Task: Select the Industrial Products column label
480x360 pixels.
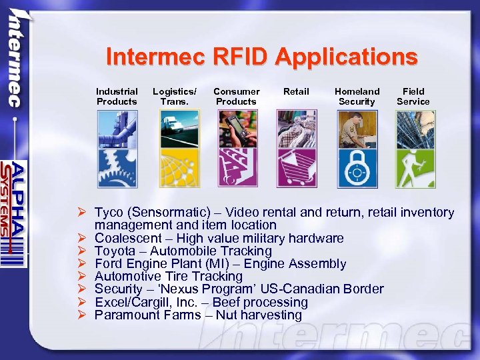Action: click(x=117, y=97)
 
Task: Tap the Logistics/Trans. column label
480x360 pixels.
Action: click(x=175, y=97)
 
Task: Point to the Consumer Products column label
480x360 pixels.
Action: click(x=236, y=97)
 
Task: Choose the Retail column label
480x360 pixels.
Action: click(x=296, y=91)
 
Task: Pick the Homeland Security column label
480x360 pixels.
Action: click(x=357, y=97)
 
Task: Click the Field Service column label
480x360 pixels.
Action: click(x=413, y=97)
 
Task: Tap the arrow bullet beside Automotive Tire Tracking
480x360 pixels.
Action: click(x=81, y=277)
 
